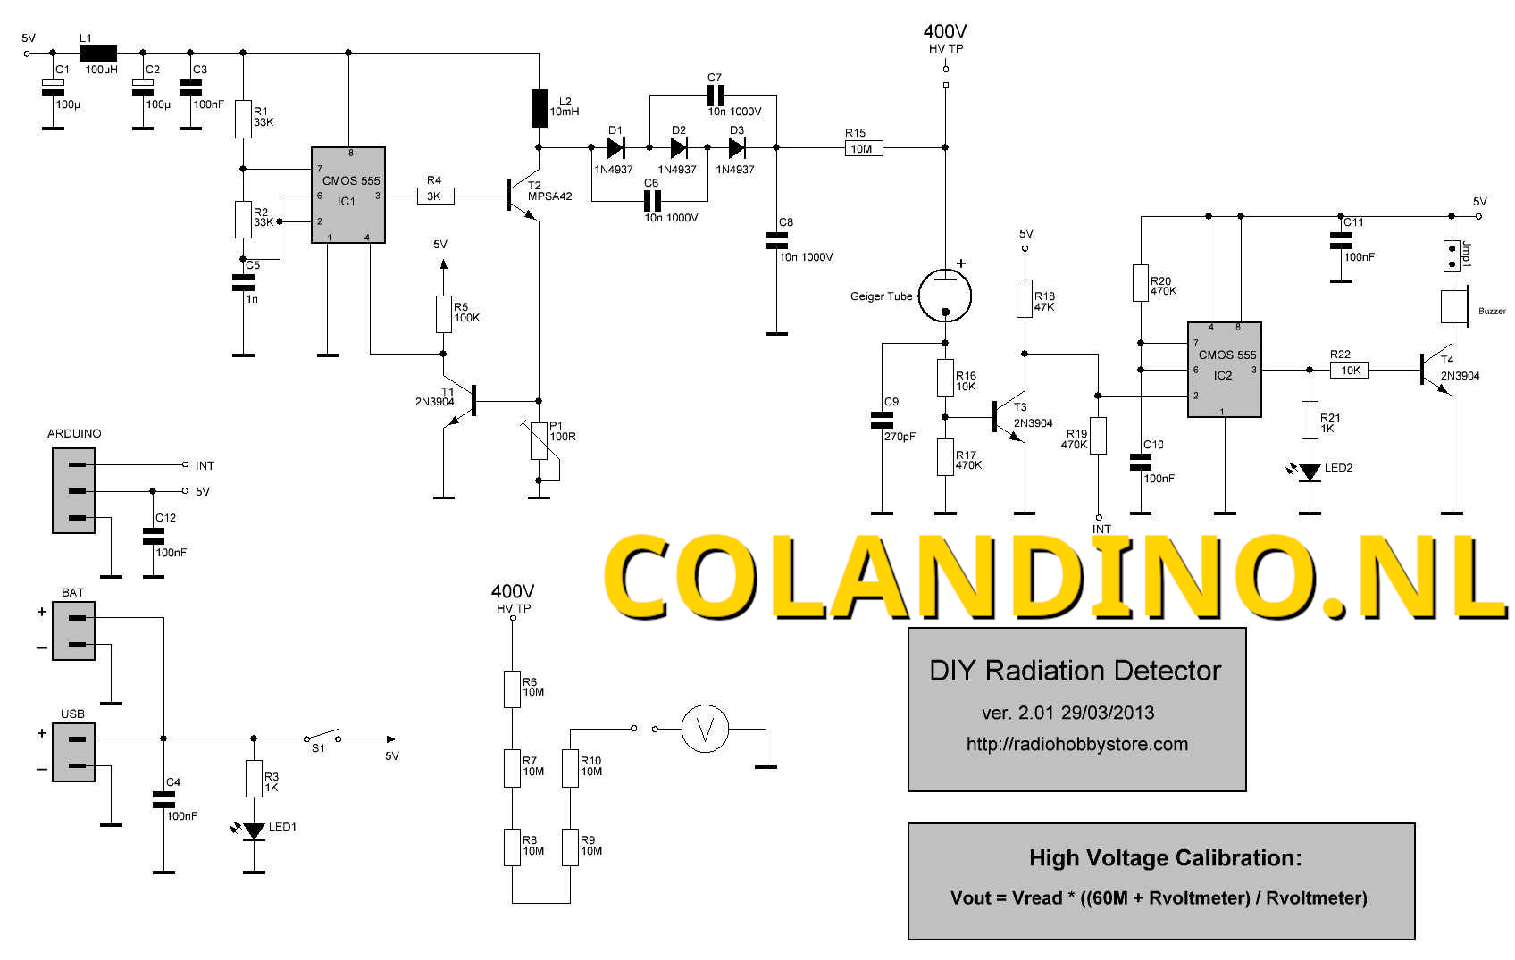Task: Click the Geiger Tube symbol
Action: [946, 295]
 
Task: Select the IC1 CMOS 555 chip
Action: [348, 195]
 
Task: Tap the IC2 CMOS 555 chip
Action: [1224, 369]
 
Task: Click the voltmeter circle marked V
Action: [705, 729]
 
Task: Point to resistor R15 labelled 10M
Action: [863, 148]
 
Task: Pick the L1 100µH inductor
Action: [98, 53]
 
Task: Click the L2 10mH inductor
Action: [540, 108]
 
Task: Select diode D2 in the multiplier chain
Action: [679, 147]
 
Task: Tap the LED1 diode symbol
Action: [255, 831]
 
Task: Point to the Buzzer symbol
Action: [1455, 306]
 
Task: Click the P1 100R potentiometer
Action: [539, 440]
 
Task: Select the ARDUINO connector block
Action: [73, 490]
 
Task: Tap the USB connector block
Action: [73, 752]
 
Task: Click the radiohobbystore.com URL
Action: [1076, 744]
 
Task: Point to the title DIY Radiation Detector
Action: [1075, 671]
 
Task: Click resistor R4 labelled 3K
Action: [435, 196]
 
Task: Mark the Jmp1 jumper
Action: [1452, 255]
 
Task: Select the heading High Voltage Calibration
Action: [1165, 858]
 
